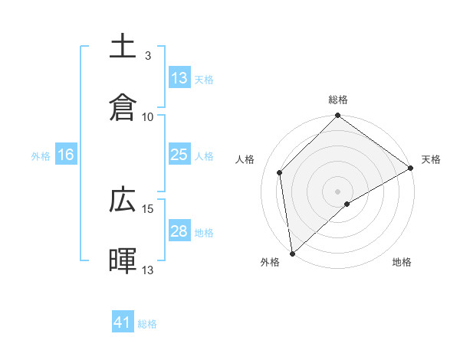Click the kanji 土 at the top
(x=123, y=46)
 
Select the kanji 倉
(x=123, y=106)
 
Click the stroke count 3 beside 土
(x=148, y=56)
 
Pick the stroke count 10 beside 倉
(x=148, y=117)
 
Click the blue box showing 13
(x=179, y=77)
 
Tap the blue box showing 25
(x=179, y=155)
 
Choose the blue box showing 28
(x=179, y=231)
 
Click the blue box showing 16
(x=66, y=155)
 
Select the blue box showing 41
(x=123, y=322)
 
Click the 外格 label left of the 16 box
(x=41, y=155)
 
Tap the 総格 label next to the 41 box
(x=147, y=324)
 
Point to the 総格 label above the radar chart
(x=338, y=100)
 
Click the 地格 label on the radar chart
(x=402, y=262)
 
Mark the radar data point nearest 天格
(x=410, y=168)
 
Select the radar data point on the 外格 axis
(x=292, y=253)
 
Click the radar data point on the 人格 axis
(x=280, y=172)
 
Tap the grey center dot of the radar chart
(x=337, y=191)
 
